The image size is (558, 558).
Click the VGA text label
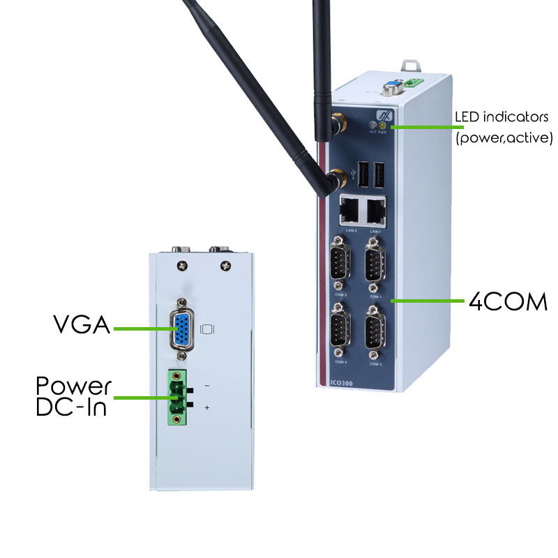point(82,325)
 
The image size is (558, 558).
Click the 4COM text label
point(507,302)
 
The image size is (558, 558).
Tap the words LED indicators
point(502,116)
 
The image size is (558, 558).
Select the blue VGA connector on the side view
point(183,331)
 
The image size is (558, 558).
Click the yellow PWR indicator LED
point(383,126)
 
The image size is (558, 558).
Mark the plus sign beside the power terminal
point(207,407)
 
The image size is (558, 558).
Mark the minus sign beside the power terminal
point(207,386)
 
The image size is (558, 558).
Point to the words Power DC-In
point(73,397)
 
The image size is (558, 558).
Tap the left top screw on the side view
point(182,265)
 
